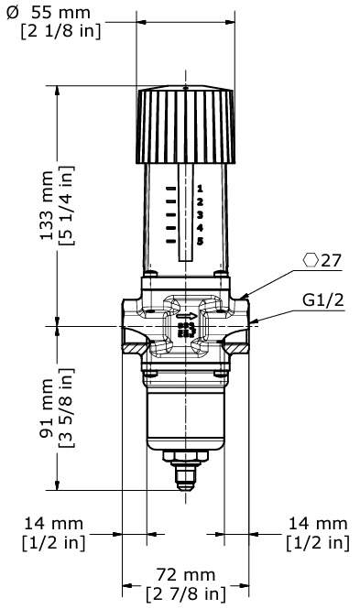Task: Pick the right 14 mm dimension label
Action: [x=317, y=524]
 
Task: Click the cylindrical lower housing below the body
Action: [x=184, y=412]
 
